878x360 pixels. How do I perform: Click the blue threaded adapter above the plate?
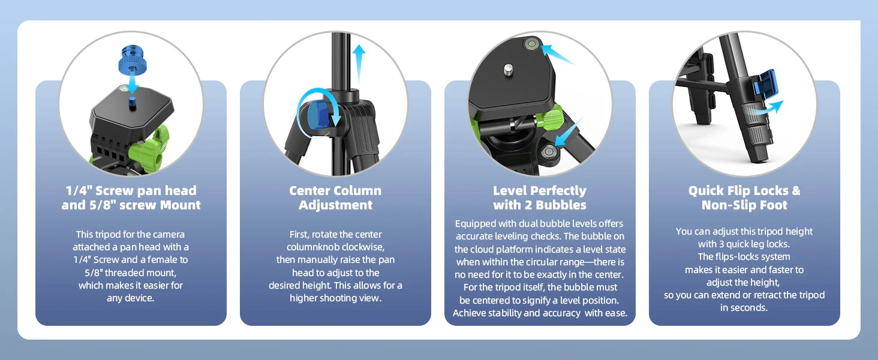point(133,61)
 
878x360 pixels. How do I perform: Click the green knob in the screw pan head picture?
point(149,151)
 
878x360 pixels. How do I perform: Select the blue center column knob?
point(318,115)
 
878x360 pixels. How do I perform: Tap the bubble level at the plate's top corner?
point(533,44)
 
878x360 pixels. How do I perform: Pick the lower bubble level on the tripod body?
point(548,151)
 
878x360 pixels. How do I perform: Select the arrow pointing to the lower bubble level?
point(569,132)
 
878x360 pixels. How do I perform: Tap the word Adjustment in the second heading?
point(335,205)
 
